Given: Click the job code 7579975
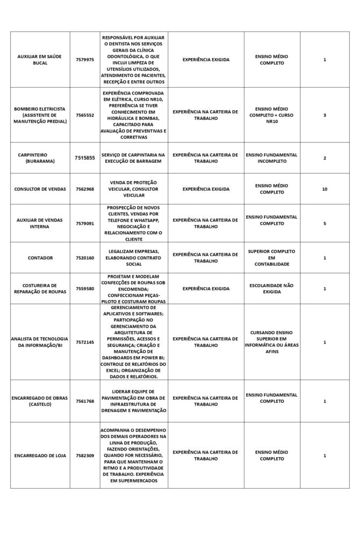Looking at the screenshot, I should (85, 60).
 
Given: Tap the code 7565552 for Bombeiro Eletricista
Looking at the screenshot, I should (85, 115).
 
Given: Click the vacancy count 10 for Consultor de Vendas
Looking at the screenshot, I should (325, 189).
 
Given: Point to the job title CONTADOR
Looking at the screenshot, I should (40, 258).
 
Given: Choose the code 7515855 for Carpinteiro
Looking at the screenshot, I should (85, 158).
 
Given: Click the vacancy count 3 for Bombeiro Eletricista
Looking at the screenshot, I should (325, 115).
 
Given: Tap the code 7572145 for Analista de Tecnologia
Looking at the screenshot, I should (85, 342).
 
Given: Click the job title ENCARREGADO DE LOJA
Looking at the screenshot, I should (40, 455).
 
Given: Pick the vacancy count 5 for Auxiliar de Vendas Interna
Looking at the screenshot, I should (325, 223).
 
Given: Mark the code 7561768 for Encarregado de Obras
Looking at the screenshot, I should (85, 401).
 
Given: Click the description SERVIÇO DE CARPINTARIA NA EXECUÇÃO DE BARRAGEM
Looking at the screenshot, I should (134, 158).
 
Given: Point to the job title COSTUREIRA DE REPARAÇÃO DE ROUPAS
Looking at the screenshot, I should (40, 288).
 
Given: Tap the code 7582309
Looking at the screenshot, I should (85, 455).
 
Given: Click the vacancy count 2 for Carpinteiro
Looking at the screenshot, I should (325, 158).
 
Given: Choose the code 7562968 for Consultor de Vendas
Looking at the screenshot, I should (85, 189).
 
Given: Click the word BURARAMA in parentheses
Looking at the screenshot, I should (40, 161).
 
